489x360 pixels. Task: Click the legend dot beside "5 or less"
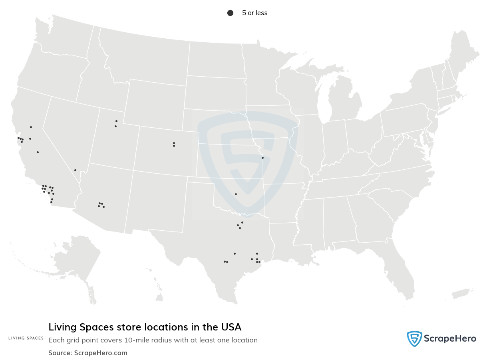pos(230,13)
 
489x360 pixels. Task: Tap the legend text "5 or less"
pos(254,13)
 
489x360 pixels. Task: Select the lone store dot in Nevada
pos(75,170)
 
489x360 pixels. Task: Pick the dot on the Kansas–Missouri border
pos(262,158)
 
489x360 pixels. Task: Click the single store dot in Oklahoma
pos(236,194)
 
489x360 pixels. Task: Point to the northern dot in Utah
pos(116,121)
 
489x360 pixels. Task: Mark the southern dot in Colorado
pos(174,146)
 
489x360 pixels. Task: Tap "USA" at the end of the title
pos(232,327)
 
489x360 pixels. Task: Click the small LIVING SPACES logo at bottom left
pos(26,338)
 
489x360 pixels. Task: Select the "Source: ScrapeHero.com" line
pos(88,353)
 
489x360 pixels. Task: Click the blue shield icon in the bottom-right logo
pos(414,339)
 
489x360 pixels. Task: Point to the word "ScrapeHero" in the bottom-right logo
pos(450,339)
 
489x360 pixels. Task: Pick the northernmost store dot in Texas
pos(242,222)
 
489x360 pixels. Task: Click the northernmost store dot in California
pos(31,127)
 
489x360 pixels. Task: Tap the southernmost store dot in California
pos(51,202)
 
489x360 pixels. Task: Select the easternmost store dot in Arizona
pos(103,207)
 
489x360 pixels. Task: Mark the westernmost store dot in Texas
pos(225,261)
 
